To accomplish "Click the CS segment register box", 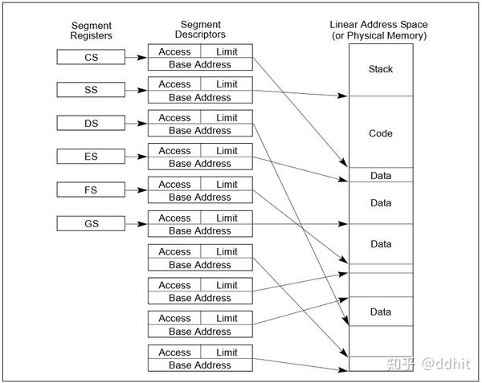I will pyautogui.click(x=92, y=56).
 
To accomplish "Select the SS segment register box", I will pyautogui.click(x=92, y=89).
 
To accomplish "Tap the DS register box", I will pyautogui.click(x=92, y=123).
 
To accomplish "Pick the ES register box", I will pyautogui.click(x=92, y=156).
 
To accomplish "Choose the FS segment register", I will pyautogui.click(x=92, y=189).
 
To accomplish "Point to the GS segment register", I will pyautogui.click(x=92, y=223).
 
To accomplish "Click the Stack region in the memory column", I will pyautogui.click(x=381, y=70).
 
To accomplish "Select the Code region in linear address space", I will pyautogui.click(x=381, y=133).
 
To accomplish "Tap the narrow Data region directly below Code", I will pyautogui.click(x=381, y=175).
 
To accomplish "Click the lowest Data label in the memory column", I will pyautogui.click(x=381, y=311).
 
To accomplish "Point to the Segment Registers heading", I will pyautogui.click(x=92, y=31).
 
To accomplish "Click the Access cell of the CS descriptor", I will pyautogui.click(x=174, y=51).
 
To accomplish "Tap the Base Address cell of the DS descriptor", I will pyautogui.click(x=199, y=130).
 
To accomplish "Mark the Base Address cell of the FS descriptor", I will pyautogui.click(x=199, y=197).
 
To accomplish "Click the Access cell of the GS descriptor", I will pyautogui.click(x=174, y=218).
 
